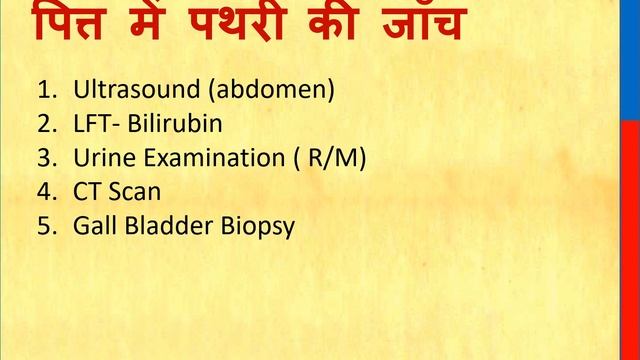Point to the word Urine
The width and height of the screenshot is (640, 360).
click(x=101, y=158)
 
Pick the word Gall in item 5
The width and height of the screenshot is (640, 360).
click(x=93, y=226)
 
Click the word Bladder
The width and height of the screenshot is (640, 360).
click(x=166, y=226)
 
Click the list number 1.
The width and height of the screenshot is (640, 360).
click(x=44, y=91)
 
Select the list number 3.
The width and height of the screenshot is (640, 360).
click(x=44, y=158)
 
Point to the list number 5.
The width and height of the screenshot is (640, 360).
click(x=44, y=226)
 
